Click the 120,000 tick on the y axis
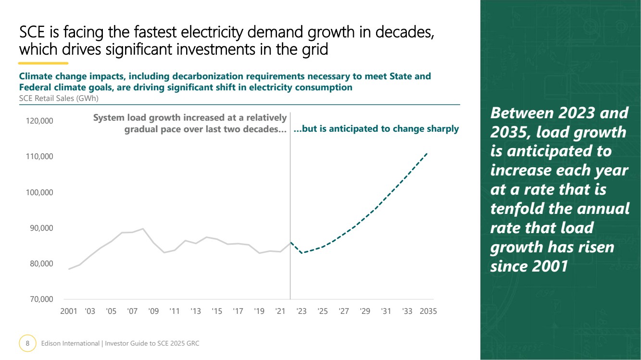point(40,121)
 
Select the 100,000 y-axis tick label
point(40,192)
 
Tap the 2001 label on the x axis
point(69,311)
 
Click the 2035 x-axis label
point(428,311)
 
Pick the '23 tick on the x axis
point(302,311)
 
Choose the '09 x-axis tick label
point(153,311)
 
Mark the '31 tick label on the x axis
point(386,311)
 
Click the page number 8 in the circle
point(27,343)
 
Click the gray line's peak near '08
point(143,229)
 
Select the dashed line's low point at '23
point(302,253)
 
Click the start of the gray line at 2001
point(69,269)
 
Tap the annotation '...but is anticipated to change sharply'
point(376,129)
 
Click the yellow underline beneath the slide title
point(43,63)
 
